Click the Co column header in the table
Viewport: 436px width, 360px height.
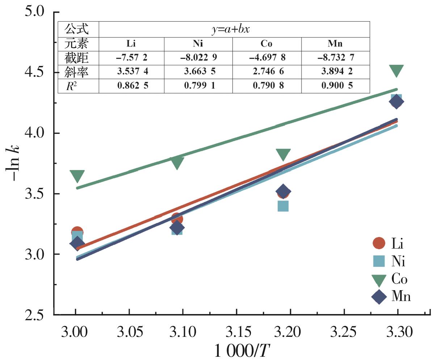[x=267, y=44]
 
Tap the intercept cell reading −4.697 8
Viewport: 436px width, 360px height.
[x=267, y=58]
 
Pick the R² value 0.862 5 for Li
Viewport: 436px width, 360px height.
[x=131, y=85]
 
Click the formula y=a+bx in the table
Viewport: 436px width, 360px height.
[x=234, y=29]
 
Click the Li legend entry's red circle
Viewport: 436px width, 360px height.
[x=379, y=243]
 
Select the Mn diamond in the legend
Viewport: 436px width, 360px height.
[x=379, y=297]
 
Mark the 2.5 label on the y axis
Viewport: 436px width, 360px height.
[x=36, y=315]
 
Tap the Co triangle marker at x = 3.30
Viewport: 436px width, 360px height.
[x=397, y=71]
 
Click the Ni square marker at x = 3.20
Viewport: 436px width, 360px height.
[x=283, y=206]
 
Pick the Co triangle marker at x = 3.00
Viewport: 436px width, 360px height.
[x=77, y=176]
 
